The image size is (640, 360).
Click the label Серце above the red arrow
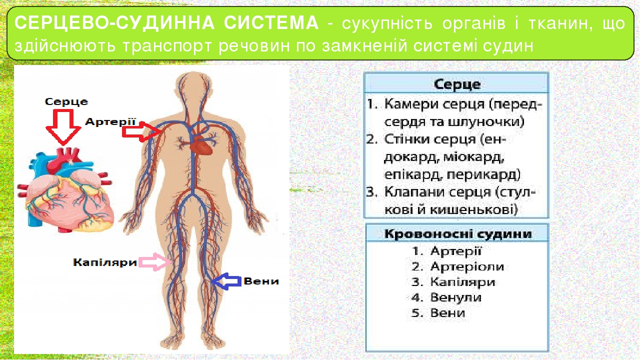tap(66, 102)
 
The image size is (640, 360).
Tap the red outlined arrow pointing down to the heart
tap(63, 127)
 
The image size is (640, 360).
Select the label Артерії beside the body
tap(110, 121)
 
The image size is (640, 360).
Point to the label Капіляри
tap(104, 262)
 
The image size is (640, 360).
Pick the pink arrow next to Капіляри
tap(154, 262)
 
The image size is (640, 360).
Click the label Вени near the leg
tap(261, 281)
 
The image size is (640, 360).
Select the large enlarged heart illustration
tap(70, 195)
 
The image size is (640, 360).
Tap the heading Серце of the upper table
tap(456, 83)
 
